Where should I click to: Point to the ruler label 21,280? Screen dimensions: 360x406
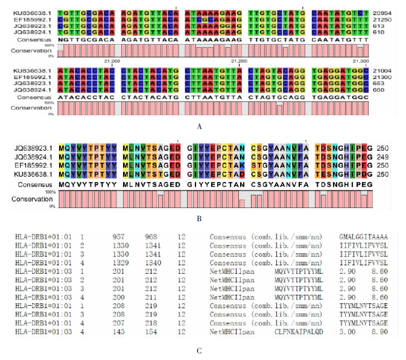pos(241,60)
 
